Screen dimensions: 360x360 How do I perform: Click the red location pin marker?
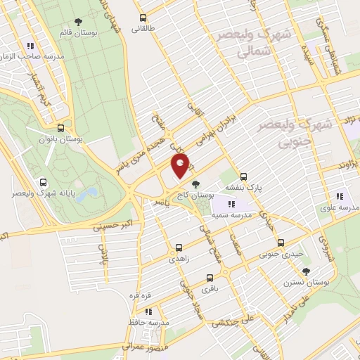181,166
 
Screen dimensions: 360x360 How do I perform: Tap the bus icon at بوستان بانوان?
61,129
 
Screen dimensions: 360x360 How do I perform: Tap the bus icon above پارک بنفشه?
243,176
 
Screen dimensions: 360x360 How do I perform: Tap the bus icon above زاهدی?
179,247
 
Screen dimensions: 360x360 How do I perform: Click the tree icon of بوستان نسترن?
305,271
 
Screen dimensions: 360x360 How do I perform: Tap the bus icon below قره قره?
148,310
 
